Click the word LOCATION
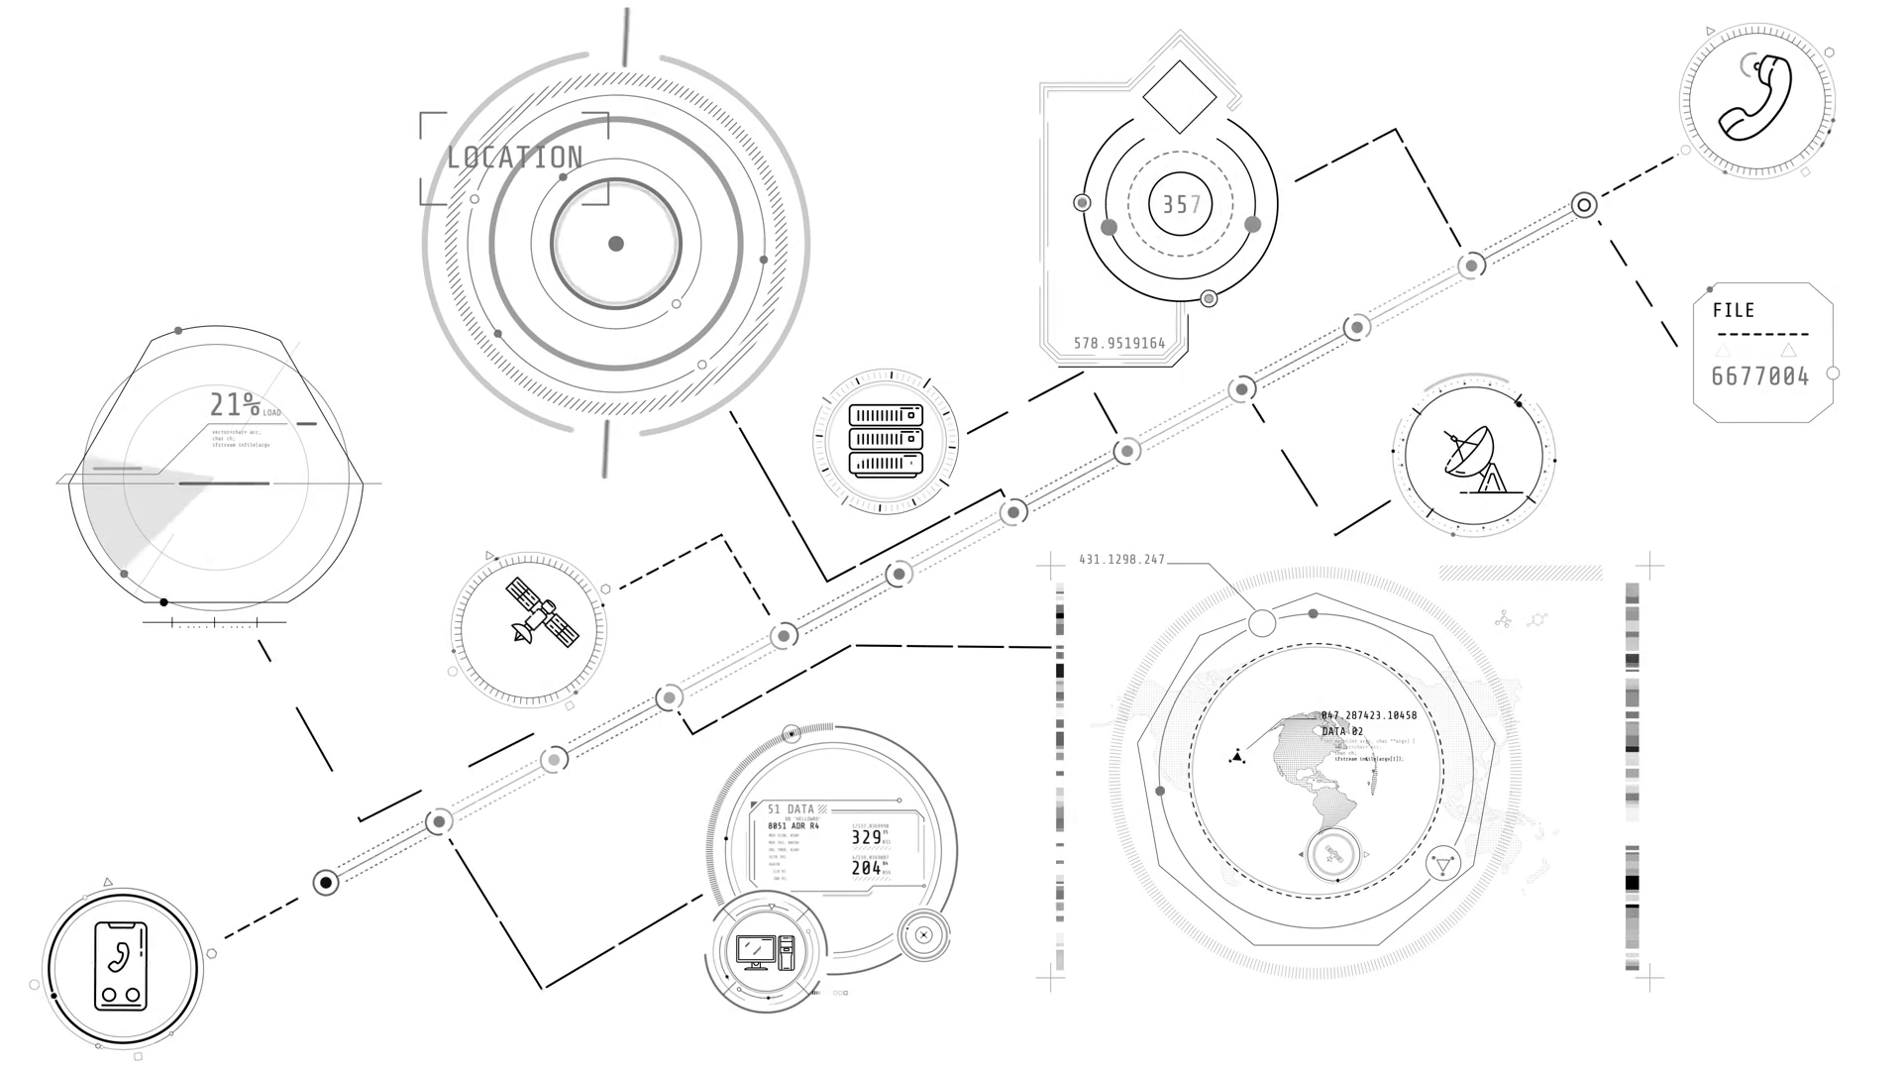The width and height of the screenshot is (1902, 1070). pyautogui.click(x=514, y=158)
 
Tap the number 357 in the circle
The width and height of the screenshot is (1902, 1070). pyautogui.click(x=1180, y=205)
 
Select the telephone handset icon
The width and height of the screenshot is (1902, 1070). pyautogui.click(x=1755, y=98)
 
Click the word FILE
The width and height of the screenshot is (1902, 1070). pyautogui.click(x=1734, y=310)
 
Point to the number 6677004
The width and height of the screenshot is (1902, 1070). pyautogui.click(x=1760, y=376)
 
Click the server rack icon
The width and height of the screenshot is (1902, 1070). pyautogui.click(x=886, y=440)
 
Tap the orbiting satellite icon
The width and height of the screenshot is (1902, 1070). pyautogui.click(x=541, y=612)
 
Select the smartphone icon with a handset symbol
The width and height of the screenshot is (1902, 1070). pyautogui.click(x=121, y=967)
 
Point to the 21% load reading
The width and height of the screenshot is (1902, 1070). pyautogui.click(x=236, y=404)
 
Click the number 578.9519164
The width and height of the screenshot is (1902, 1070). pyautogui.click(x=1119, y=344)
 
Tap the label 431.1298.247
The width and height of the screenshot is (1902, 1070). pyautogui.click(x=1121, y=560)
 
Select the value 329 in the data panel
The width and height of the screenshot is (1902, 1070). pyautogui.click(x=867, y=837)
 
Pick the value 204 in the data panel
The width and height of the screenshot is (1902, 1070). pyautogui.click(x=867, y=868)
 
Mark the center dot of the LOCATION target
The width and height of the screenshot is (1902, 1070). pyautogui.click(x=616, y=244)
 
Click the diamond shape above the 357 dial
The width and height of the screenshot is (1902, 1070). pyautogui.click(x=1179, y=96)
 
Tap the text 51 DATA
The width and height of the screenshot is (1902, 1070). pyautogui.click(x=791, y=809)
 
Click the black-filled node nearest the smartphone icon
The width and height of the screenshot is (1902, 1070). pyautogui.click(x=326, y=883)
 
